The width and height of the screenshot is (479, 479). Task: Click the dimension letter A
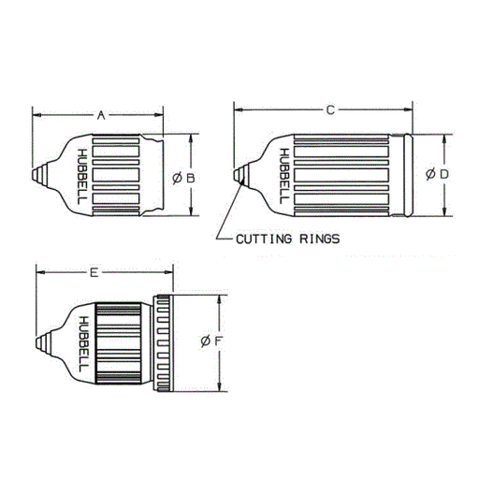100,115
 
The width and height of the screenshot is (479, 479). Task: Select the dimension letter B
190,176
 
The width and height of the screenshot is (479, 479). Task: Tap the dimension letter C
330,110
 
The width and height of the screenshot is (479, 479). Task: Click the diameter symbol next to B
177,176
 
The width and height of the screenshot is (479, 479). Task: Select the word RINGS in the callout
317,239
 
